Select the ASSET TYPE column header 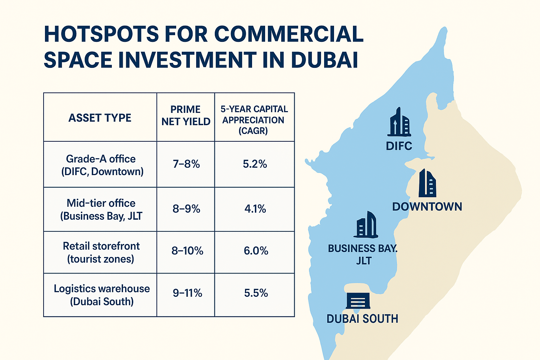click(100, 118)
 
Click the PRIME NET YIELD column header click(186, 115)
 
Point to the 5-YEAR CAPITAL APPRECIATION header click(254, 120)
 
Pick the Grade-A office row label click(101, 165)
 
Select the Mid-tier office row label click(101, 210)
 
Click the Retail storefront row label click(101, 252)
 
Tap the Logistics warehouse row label click(102, 295)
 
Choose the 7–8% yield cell click(186, 164)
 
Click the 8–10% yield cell click(187, 251)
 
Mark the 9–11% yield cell click(187, 293)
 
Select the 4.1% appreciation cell click(255, 209)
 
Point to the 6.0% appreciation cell click(256, 251)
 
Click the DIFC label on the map click(399, 146)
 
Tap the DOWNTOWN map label click(427, 207)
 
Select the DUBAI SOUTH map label click(362, 319)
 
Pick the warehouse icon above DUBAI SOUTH click(358, 301)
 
